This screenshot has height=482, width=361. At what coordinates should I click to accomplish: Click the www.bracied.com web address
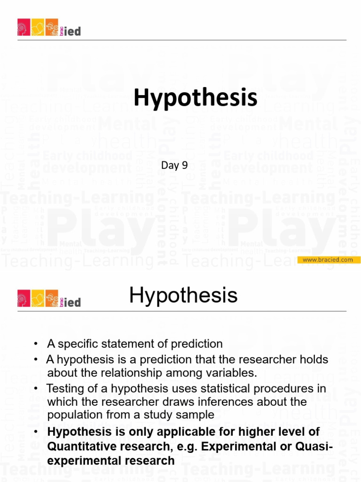click(328, 260)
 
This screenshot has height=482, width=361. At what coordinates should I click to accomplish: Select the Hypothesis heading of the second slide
click(183, 296)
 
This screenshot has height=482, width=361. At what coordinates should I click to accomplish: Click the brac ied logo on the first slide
click(49, 28)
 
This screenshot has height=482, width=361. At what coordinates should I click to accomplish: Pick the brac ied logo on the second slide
click(49, 299)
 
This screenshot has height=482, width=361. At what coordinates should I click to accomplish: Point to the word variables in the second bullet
click(235, 373)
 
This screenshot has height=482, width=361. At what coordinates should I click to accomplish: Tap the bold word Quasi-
click(314, 446)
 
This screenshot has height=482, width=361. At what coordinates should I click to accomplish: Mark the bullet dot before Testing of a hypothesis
click(36, 389)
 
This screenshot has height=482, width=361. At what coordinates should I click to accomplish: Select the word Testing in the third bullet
click(63, 389)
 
